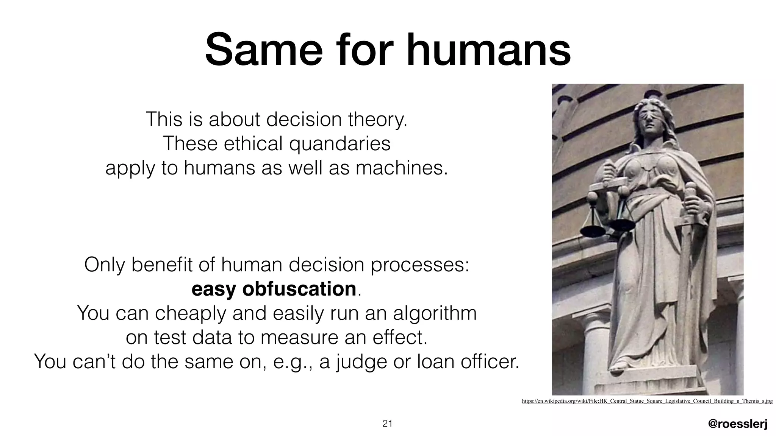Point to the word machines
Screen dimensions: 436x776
tap(402, 168)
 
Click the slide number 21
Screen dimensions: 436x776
tap(387, 424)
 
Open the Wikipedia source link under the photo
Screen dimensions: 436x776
tap(647, 401)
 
